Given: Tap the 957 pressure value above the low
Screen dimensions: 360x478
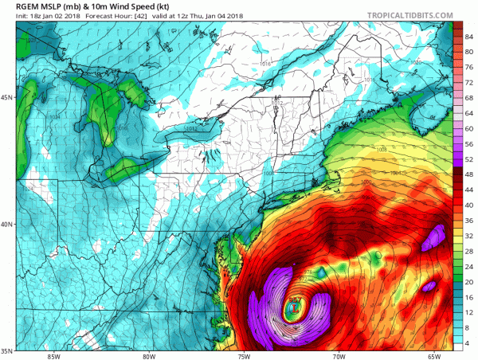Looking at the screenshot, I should tap(295, 299).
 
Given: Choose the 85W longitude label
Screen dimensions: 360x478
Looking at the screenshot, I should tap(53, 356).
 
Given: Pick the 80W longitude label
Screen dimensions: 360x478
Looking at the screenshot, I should tap(149, 356).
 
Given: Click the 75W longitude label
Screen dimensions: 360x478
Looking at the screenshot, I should tap(245, 356).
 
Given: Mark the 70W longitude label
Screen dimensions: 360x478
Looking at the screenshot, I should tap(340, 356).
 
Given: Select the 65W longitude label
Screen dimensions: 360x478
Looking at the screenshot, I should tap(435, 356).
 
